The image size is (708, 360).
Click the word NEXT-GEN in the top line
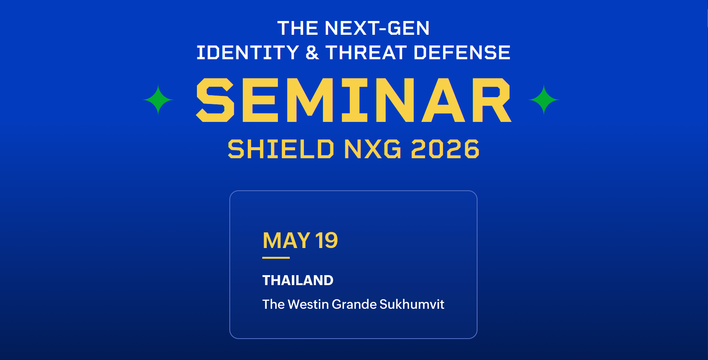(377, 28)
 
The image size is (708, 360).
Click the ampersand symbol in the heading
(312, 52)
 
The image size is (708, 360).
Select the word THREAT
(366, 52)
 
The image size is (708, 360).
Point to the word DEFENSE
(462, 52)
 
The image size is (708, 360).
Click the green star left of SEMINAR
(158, 100)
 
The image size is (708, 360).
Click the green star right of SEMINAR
(544, 100)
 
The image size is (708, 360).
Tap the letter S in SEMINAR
(215, 100)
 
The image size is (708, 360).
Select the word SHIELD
(281, 149)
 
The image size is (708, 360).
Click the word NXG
(373, 149)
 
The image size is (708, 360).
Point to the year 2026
(445, 149)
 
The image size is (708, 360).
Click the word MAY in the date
(286, 241)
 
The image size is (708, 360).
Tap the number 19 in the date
(326, 241)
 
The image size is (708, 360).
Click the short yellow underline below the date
(276, 258)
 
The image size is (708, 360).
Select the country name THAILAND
(298, 281)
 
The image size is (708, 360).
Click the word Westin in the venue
(308, 304)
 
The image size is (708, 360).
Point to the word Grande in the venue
(354, 304)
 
